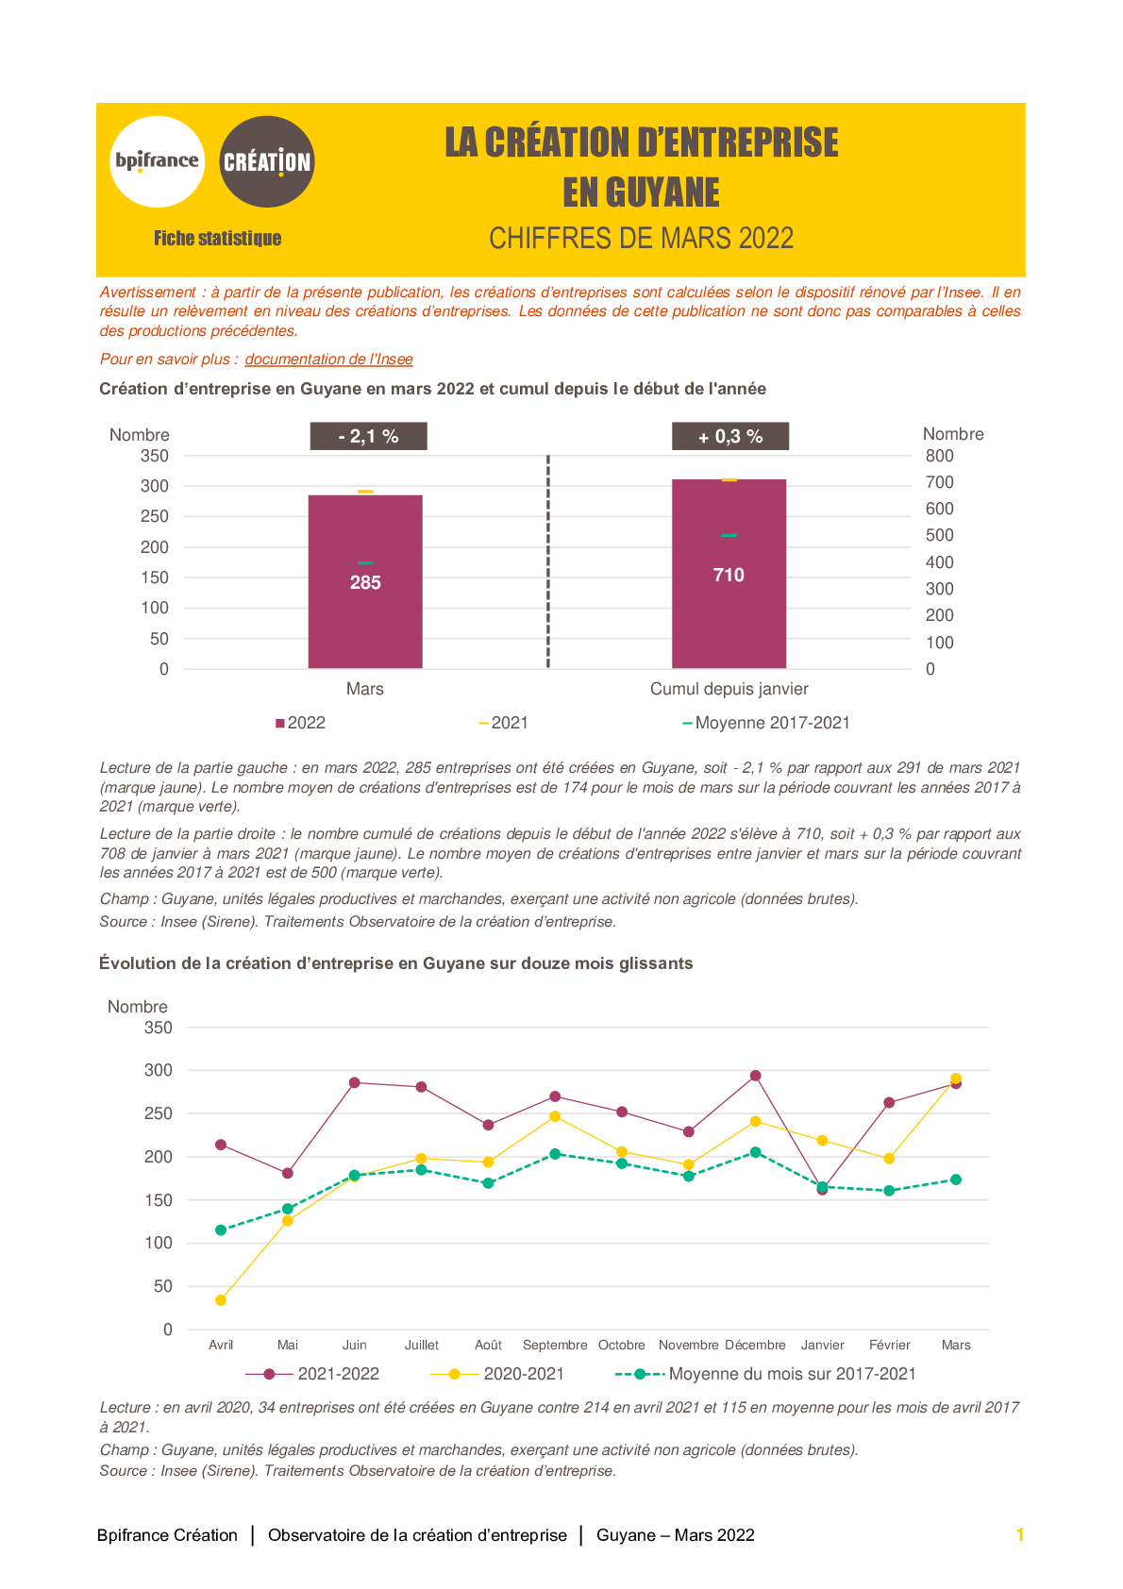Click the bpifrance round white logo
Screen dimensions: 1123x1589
coord(157,161)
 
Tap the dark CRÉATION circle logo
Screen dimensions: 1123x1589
coord(267,161)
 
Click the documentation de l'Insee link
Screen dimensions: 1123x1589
coord(328,359)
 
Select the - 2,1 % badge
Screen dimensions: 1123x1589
coord(368,436)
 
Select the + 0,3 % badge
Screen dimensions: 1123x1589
coord(730,436)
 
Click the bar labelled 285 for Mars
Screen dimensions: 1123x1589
coord(365,581)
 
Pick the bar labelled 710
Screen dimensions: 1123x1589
coord(729,574)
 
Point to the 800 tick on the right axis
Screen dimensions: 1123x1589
coord(939,456)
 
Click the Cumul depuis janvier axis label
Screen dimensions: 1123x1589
coord(729,689)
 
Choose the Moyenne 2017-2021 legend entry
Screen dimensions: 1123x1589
coord(766,723)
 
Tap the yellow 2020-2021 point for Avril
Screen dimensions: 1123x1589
coord(221,1300)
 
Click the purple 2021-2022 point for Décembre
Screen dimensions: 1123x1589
coord(756,1076)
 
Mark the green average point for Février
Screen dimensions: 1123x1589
coord(889,1191)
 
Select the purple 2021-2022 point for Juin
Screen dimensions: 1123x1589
coord(355,1082)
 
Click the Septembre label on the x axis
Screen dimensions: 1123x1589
coord(555,1345)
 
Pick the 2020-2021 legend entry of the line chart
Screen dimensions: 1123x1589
coord(497,1374)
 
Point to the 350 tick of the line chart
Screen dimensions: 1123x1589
coord(159,1028)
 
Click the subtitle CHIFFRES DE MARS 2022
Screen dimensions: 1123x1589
coord(642,239)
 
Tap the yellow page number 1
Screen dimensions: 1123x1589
coord(1020,1535)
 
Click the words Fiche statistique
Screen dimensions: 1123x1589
coord(218,239)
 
